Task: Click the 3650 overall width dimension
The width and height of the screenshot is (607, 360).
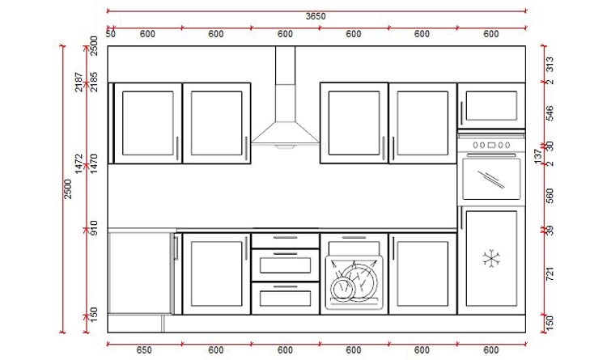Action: click(316, 16)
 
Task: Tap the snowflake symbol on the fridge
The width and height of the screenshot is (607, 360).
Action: click(490, 258)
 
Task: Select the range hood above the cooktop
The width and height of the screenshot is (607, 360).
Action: click(285, 113)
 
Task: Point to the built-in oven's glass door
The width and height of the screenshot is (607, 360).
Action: click(490, 180)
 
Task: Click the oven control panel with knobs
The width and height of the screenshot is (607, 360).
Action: click(490, 145)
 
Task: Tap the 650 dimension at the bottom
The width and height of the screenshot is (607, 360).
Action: click(144, 349)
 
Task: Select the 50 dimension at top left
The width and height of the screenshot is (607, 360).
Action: click(110, 34)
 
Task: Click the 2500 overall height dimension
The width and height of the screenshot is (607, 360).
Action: click(69, 188)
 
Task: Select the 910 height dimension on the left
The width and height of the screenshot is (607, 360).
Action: click(94, 230)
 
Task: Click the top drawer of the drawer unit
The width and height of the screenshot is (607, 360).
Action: click(285, 239)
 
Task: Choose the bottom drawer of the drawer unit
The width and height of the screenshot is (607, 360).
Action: click(285, 297)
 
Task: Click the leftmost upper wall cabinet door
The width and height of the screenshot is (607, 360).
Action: click(147, 123)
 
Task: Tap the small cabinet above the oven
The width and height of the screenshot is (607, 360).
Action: click(490, 105)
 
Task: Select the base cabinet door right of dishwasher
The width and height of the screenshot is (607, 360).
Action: click(422, 273)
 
